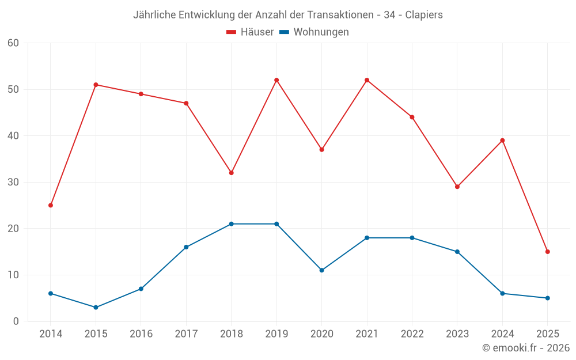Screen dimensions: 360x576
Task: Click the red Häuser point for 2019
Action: [276, 80]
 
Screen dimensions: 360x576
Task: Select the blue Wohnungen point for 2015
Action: [96, 307]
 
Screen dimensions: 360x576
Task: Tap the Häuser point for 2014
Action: [51, 205]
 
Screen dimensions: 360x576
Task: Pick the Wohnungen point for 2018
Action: [231, 224]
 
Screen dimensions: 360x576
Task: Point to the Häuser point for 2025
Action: [548, 252]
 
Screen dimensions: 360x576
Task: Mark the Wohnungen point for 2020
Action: [321, 270]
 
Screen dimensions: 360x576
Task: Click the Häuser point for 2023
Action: [457, 187]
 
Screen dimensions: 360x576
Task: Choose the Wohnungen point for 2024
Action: [502, 293]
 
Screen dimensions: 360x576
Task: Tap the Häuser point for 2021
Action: [367, 80]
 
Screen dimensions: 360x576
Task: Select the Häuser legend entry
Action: [250, 32]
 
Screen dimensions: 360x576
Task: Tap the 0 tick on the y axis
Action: [16, 321]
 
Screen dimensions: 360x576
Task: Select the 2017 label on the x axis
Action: [186, 334]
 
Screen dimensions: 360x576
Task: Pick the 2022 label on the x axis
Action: [412, 334]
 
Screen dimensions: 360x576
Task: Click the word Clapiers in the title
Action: [424, 15]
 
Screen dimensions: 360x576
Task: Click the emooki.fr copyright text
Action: [526, 348]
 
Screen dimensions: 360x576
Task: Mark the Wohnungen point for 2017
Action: [186, 247]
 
